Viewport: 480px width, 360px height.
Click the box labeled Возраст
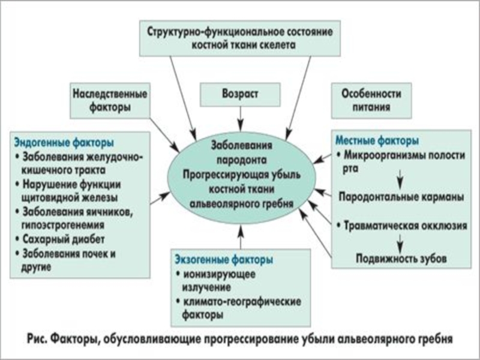click(240, 94)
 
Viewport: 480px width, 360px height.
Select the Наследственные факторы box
click(110, 101)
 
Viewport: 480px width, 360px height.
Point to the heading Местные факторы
click(376, 142)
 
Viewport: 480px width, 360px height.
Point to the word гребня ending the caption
click(432, 338)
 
